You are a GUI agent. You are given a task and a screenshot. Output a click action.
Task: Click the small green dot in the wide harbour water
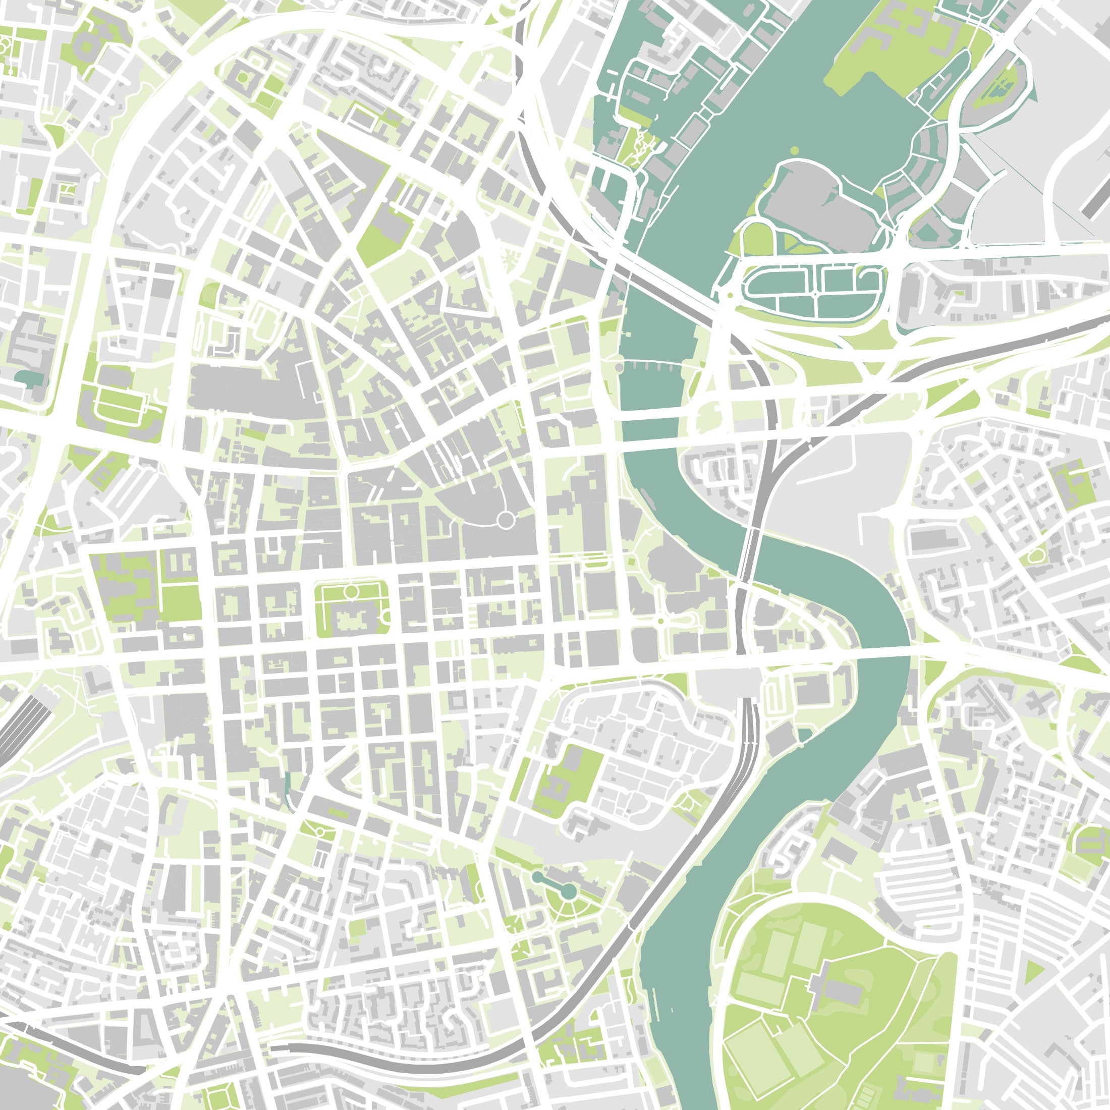coord(795,150)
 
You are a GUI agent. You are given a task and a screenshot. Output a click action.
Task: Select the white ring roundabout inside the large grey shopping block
coord(505,520)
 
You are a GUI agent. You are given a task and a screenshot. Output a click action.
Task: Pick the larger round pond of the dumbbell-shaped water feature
coord(568,891)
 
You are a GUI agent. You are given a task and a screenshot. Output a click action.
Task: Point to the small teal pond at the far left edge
coord(29,377)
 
